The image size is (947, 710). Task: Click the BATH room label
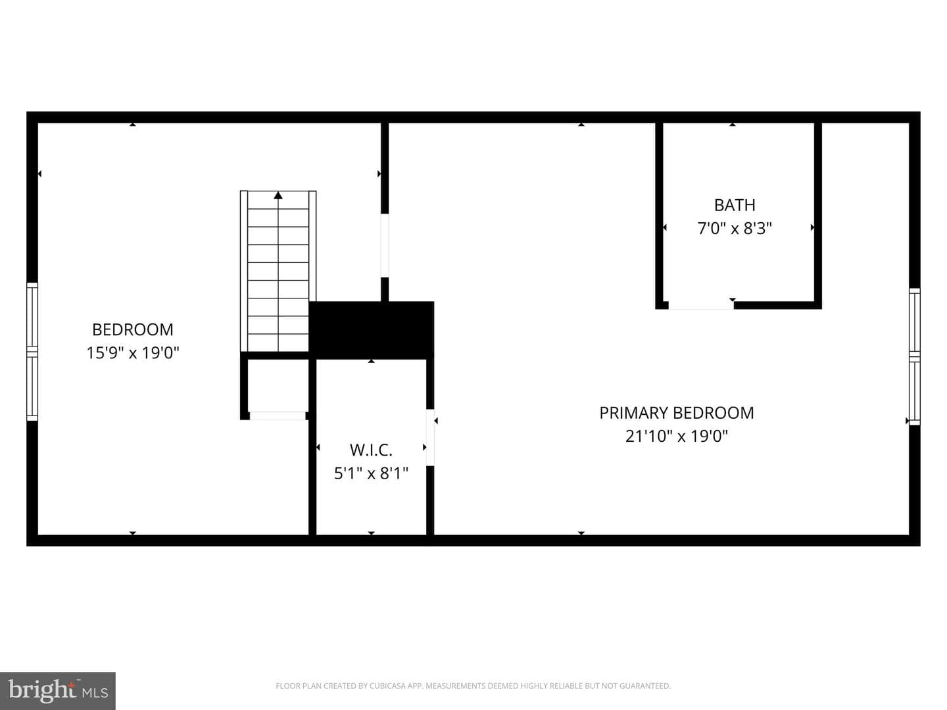(735, 205)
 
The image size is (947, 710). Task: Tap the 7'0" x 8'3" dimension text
(735, 228)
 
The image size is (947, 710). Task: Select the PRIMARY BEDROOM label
(677, 413)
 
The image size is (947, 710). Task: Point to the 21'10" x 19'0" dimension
(677, 436)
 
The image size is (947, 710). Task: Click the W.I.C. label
(371, 450)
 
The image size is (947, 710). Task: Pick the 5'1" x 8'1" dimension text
(371, 473)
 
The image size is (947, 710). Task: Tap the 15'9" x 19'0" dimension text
(133, 352)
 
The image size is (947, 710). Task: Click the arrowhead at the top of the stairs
(278, 196)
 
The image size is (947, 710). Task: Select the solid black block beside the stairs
(372, 330)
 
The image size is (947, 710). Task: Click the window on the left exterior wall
(32, 351)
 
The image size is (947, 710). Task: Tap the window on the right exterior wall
(915, 356)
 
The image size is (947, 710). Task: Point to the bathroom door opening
(701, 305)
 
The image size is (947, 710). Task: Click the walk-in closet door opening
(430, 437)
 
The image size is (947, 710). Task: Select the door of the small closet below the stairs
(278, 415)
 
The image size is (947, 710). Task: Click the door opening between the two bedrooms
(385, 246)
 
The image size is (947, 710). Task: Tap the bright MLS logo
(58, 690)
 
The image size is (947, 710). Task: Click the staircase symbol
(278, 271)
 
